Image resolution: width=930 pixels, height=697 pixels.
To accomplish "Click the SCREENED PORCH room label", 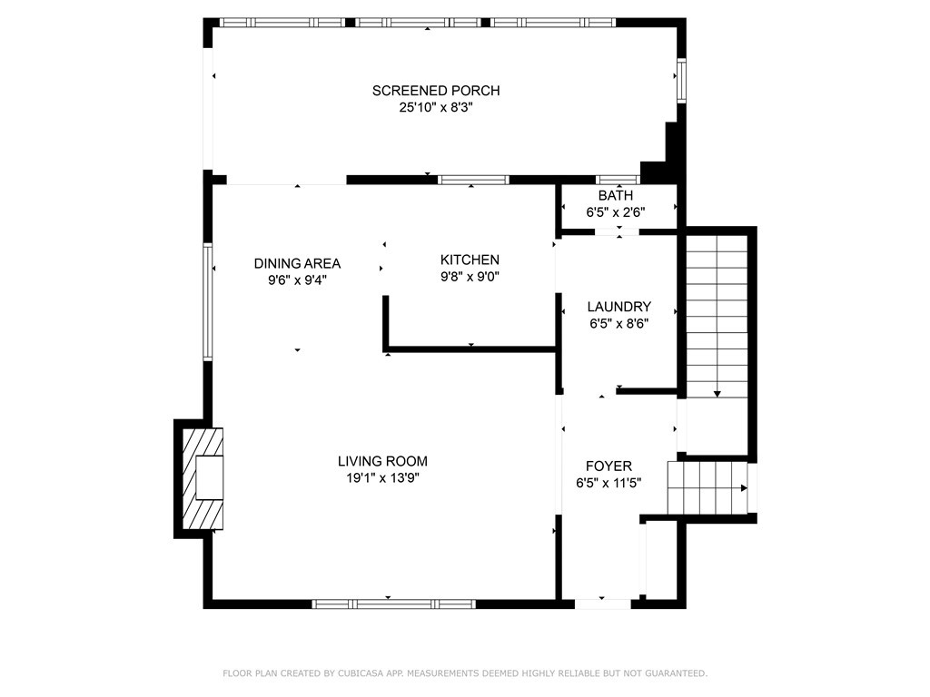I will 436,91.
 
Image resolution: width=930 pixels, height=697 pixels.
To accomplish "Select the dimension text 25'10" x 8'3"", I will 436,107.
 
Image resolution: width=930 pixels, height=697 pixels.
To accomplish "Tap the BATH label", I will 616,196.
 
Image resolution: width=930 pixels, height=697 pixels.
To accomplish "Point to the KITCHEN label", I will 470,260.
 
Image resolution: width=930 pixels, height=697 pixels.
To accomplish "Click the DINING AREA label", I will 297,264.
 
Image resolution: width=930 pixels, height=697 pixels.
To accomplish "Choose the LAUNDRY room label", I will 618,307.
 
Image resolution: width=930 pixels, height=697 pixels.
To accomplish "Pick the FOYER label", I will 608,466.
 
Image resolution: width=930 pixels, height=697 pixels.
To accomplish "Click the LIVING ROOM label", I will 382,461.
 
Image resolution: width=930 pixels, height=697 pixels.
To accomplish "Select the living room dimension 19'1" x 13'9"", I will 382,478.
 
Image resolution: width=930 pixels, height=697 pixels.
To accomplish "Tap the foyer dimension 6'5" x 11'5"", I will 608,484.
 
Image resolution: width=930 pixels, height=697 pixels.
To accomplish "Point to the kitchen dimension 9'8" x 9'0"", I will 470,278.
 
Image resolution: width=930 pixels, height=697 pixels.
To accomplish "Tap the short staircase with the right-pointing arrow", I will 707,487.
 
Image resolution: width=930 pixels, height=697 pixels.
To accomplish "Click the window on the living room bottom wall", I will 393,604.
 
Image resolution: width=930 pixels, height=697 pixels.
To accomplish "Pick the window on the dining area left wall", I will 208,302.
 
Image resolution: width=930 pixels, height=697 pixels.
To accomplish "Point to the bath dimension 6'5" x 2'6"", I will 616,212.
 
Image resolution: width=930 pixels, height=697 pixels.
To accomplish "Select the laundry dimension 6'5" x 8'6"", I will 618,323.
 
